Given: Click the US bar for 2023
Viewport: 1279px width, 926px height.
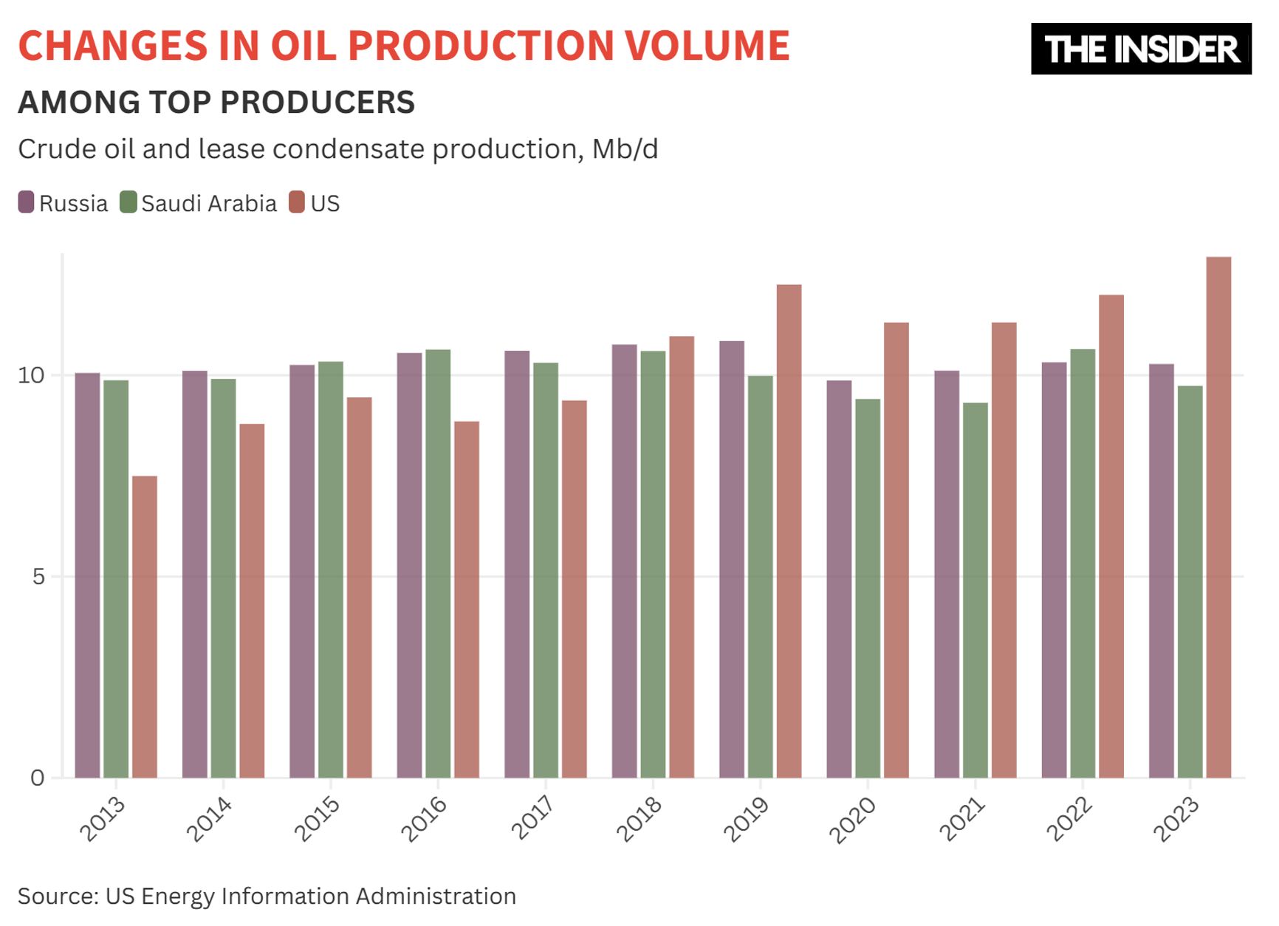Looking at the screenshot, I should [1218, 517].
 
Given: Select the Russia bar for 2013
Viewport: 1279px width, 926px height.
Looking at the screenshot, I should [87, 575].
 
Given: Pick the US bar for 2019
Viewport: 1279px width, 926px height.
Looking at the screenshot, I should [789, 531].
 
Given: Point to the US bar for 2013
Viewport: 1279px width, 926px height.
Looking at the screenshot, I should [145, 627].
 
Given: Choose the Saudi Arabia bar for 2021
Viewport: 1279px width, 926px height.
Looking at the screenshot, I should [975, 590].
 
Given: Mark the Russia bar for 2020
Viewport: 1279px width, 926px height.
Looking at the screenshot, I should [839, 579].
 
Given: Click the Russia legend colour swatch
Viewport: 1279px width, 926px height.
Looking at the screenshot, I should [26, 202].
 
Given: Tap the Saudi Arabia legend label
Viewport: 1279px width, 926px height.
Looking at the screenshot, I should [209, 203].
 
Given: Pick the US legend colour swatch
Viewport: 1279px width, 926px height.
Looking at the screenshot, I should [297, 202].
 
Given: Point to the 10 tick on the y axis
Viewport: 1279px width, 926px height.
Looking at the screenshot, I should [32, 375].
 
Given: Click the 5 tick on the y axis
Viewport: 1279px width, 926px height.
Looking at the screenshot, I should [38, 577].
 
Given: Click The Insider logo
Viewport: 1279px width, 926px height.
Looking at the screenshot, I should [1141, 49].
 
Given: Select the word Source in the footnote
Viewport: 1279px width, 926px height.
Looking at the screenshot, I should [55, 896].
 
